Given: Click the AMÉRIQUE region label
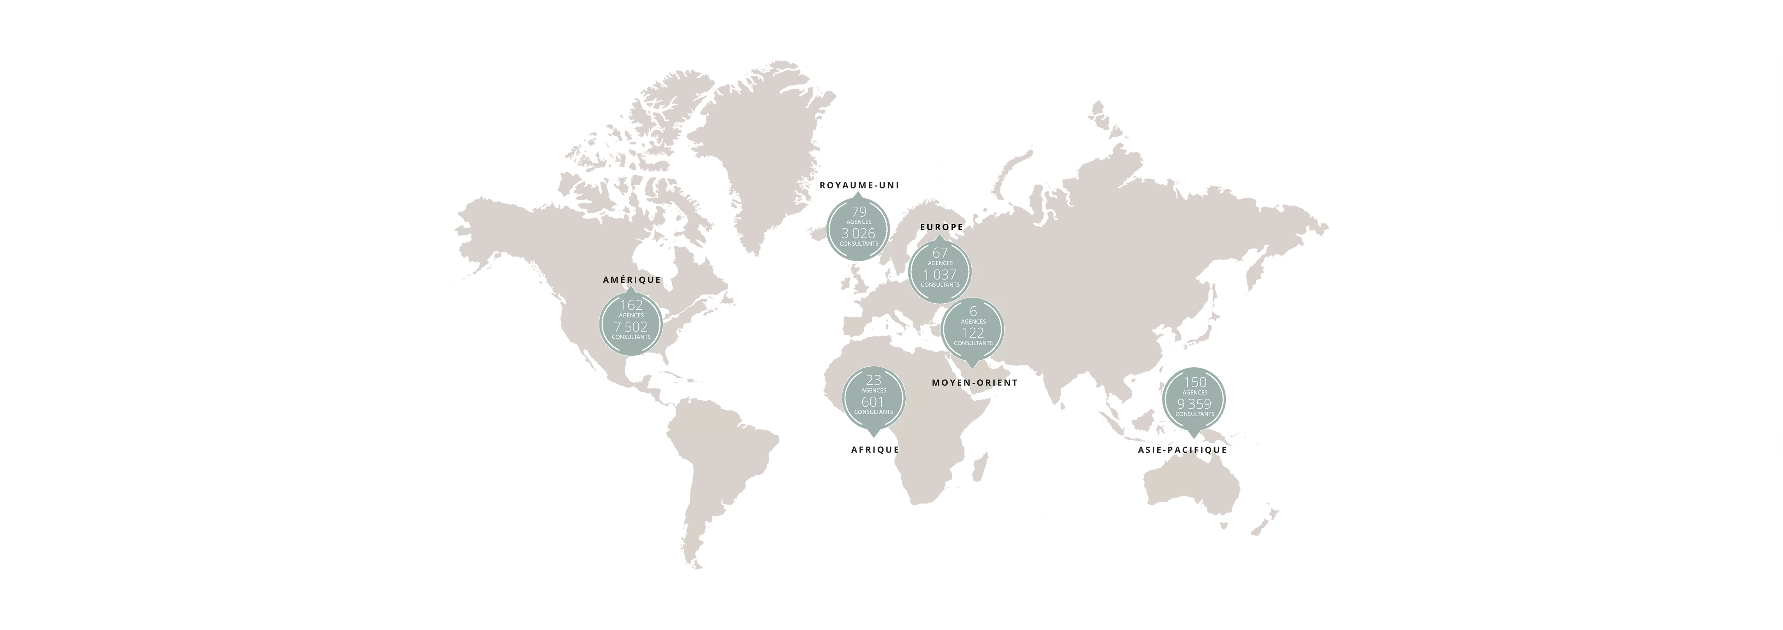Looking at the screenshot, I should pos(631,280).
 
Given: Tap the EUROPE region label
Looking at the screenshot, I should pos(941,227).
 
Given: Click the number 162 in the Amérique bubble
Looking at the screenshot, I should pos(631,304).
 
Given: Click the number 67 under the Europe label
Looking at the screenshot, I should pos(940,253).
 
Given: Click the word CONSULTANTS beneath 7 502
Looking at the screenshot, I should pos(631,337).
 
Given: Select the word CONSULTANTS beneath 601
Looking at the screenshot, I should pos(874,412).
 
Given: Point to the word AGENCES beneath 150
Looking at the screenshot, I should pos(1195,393).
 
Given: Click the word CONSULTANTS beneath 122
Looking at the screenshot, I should pos(973,343).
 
